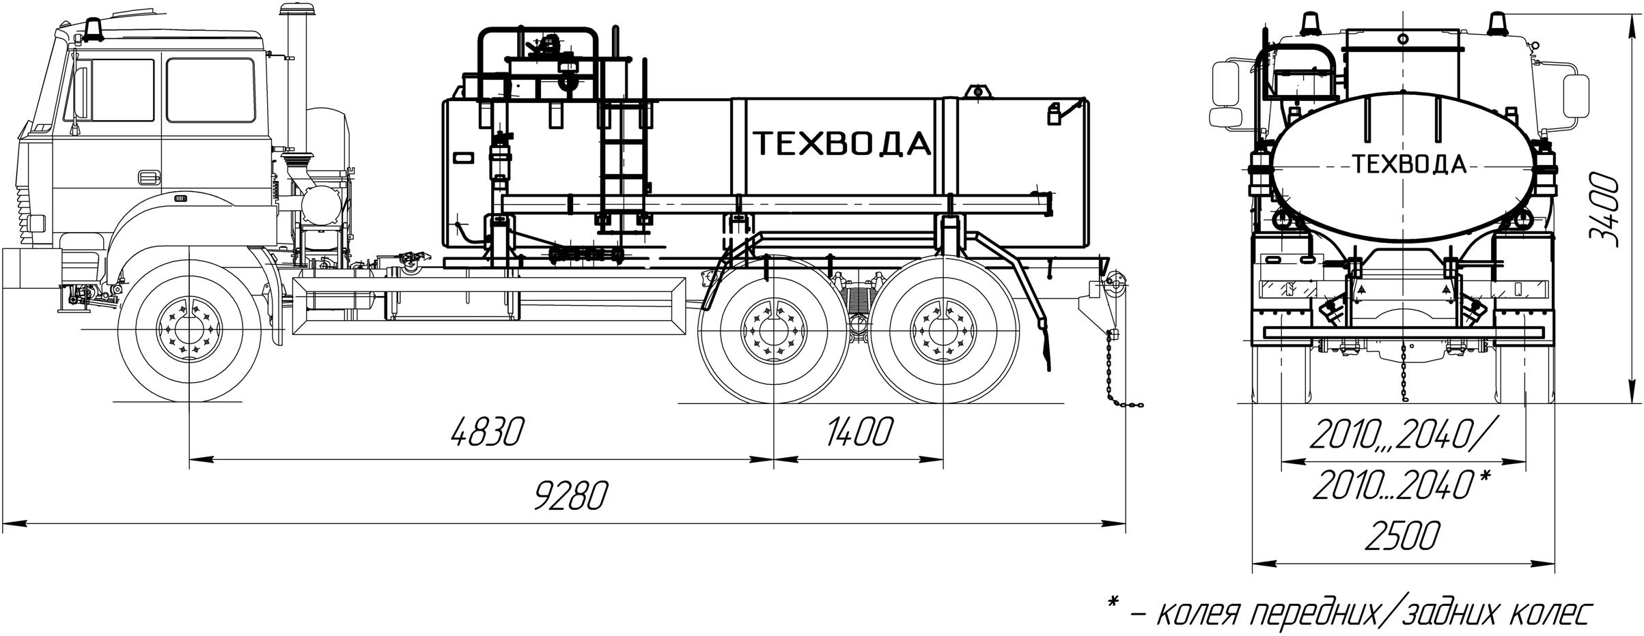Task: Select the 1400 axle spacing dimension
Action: click(x=859, y=432)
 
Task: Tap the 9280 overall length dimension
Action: click(x=570, y=496)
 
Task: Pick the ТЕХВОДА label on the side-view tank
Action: click(x=841, y=144)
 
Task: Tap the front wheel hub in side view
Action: click(x=188, y=330)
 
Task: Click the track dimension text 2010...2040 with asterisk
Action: click(x=1401, y=486)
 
